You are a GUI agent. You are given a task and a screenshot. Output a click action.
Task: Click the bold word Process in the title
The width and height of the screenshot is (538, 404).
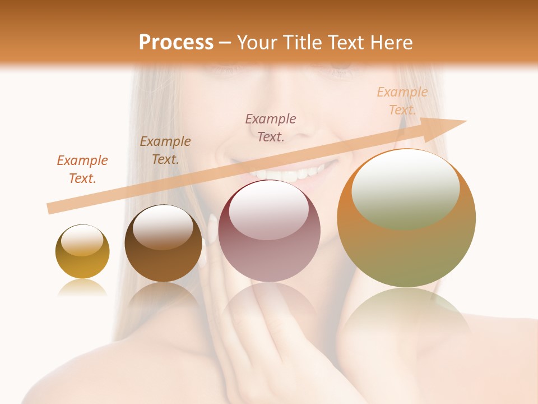pyautogui.click(x=176, y=43)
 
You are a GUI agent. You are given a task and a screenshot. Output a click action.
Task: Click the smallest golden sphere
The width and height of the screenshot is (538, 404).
pyautogui.click(x=82, y=251)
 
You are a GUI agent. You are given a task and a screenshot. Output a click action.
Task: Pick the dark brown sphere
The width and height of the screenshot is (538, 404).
pyautogui.click(x=163, y=244)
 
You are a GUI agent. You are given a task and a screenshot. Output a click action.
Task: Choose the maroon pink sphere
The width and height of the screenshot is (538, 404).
pyautogui.click(x=269, y=231)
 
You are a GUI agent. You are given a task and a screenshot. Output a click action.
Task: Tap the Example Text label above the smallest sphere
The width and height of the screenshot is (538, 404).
pyautogui.click(x=82, y=169)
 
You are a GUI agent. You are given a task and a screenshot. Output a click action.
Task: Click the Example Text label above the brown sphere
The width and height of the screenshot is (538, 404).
pyautogui.click(x=165, y=150)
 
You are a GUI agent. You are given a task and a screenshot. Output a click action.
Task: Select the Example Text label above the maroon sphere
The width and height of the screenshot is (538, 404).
pyautogui.click(x=271, y=128)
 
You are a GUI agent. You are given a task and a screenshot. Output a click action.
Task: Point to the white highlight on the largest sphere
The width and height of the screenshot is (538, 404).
pyautogui.click(x=406, y=188)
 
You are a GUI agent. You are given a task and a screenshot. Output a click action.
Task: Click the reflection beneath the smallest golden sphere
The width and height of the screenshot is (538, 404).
pyautogui.click(x=82, y=288)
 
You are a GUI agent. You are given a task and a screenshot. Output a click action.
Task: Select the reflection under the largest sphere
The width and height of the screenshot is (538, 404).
pyautogui.click(x=406, y=314)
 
